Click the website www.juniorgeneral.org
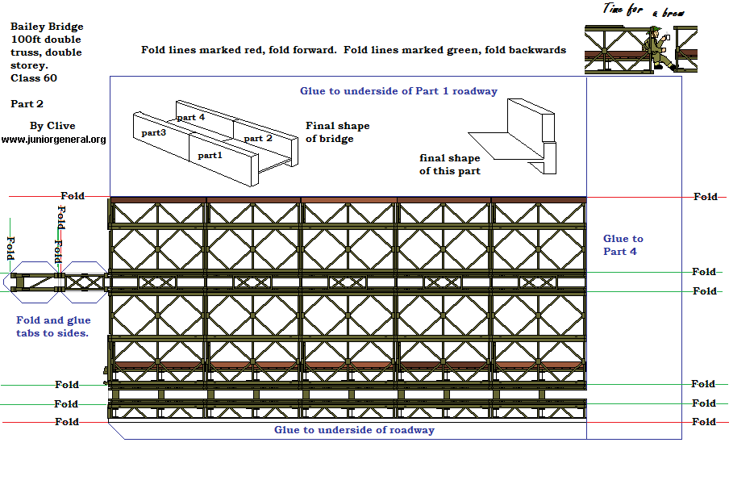tap(54, 140)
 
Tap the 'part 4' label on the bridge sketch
tap(191, 117)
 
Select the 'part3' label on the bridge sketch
tap(153, 132)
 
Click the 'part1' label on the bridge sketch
tap(210, 154)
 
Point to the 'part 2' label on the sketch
tap(258, 138)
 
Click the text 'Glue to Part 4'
tap(623, 244)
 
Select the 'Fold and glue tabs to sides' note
tap(53, 326)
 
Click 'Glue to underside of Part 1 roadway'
tap(398, 91)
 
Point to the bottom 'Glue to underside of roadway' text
tap(354, 430)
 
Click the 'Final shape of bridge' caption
tap(337, 132)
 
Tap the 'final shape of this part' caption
tap(449, 164)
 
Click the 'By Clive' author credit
tap(52, 126)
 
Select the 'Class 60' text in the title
tap(34, 78)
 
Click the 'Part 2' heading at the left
tap(27, 104)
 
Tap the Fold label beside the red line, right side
tap(705, 197)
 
